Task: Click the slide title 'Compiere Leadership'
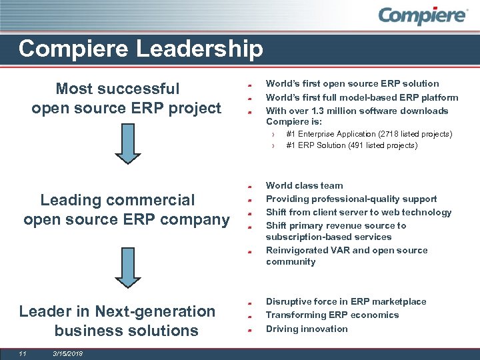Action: (141, 49)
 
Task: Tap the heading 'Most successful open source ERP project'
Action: (126, 98)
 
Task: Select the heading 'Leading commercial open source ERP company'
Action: (126, 209)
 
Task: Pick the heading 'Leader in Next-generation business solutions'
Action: (117, 321)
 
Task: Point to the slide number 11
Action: (22, 353)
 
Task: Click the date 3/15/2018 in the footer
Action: (67, 353)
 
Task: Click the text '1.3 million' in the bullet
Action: (326, 111)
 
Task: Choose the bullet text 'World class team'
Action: (304, 185)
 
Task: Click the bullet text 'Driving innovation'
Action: (307, 329)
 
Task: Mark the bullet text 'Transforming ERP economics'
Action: (332, 315)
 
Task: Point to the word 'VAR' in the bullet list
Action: (338, 250)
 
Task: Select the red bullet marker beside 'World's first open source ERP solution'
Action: (247, 85)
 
